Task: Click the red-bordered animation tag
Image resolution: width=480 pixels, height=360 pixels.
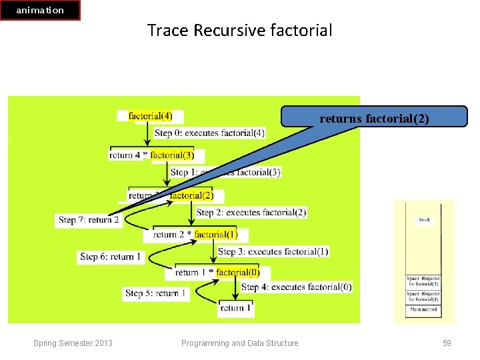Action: click(x=40, y=10)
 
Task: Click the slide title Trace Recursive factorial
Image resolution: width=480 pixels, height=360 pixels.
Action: click(x=239, y=30)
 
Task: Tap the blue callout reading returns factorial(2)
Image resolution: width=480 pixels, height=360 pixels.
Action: click(x=373, y=118)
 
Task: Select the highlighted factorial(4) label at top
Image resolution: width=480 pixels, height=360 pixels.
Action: click(x=151, y=116)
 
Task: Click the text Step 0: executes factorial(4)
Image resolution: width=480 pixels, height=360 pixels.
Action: click(x=209, y=133)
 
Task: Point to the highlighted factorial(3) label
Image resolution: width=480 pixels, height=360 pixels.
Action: click(x=173, y=155)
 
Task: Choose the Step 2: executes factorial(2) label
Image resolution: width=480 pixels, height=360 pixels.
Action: click(x=251, y=212)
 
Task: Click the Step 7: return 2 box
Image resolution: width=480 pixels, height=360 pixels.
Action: click(x=89, y=219)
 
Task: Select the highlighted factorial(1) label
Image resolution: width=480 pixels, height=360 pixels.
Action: click(x=216, y=234)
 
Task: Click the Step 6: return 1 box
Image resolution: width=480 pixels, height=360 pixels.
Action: click(x=111, y=256)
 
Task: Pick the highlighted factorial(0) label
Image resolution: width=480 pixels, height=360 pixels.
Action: click(x=238, y=272)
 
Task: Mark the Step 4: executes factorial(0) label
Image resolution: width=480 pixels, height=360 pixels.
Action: click(x=296, y=287)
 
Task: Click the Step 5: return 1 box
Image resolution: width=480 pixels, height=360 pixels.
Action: click(x=156, y=293)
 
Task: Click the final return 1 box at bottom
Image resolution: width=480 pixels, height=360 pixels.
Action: click(x=236, y=308)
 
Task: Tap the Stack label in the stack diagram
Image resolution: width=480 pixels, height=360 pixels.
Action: click(x=424, y=219)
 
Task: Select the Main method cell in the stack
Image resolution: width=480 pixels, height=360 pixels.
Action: click(x=423, y=309)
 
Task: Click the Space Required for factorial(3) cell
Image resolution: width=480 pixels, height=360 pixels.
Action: click(x=423, y=281)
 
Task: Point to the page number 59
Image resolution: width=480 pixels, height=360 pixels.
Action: click(x=447, y=343)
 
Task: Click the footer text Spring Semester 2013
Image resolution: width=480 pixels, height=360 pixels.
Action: click(x=73, y=343)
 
